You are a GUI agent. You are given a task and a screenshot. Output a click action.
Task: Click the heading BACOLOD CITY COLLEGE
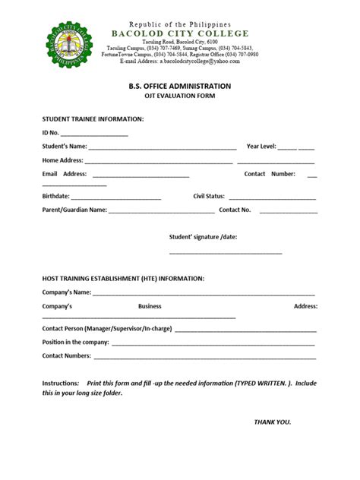pos(180,34)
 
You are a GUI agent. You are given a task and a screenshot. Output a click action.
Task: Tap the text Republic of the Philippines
pos(180,24)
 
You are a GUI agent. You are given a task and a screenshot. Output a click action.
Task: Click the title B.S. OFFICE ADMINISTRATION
pos(180,87)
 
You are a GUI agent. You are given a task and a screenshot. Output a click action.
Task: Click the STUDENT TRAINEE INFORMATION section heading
pos(93,119)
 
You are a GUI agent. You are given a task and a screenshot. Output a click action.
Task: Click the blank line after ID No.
pos(95,134)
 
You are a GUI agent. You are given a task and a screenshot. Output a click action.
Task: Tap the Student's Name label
pos(65,146)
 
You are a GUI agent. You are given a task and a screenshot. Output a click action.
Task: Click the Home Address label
pos(62,160)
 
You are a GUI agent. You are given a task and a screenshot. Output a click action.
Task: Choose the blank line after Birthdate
pos(115,197)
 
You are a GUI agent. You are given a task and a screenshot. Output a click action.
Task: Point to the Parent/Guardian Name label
pos(74,210)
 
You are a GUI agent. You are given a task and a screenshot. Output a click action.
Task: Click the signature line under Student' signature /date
pos(226,252)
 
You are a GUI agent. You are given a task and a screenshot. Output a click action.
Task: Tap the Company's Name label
pos(67,292)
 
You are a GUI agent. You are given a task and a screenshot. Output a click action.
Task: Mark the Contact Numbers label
pos(67,355)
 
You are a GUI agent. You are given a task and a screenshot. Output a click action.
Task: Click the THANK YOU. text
pos(272,422)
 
